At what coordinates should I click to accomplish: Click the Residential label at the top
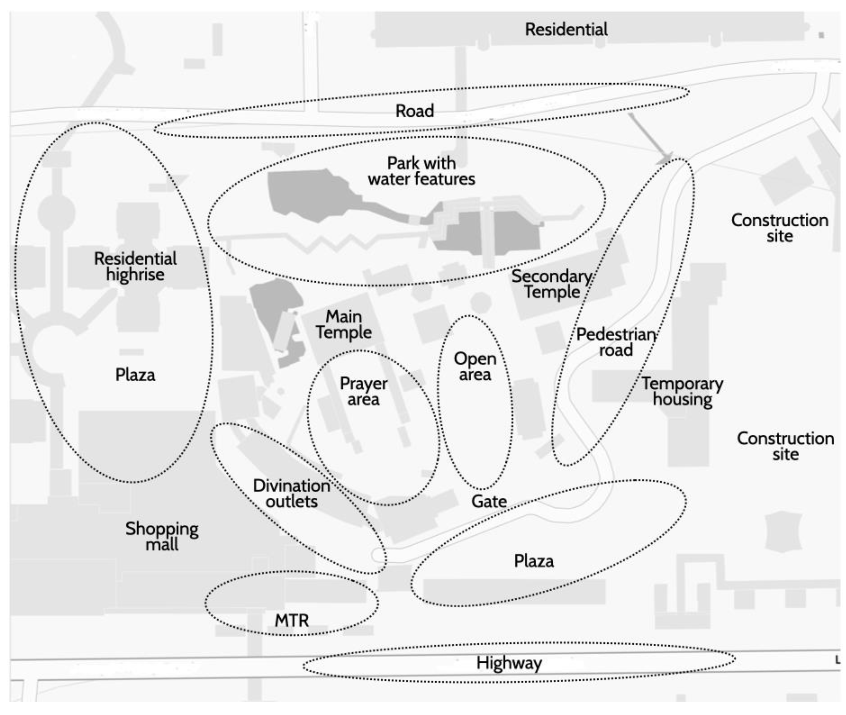[566, 30]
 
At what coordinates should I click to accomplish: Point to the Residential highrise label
[135, 266]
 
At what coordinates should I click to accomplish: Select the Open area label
[475, 366]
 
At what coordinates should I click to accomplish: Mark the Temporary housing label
[682, 392]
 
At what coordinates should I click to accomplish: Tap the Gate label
[489, 502]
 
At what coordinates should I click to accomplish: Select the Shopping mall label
[162, 536]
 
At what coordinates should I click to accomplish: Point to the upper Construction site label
[779, 228]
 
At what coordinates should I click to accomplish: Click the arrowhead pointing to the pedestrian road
[666, 158]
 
